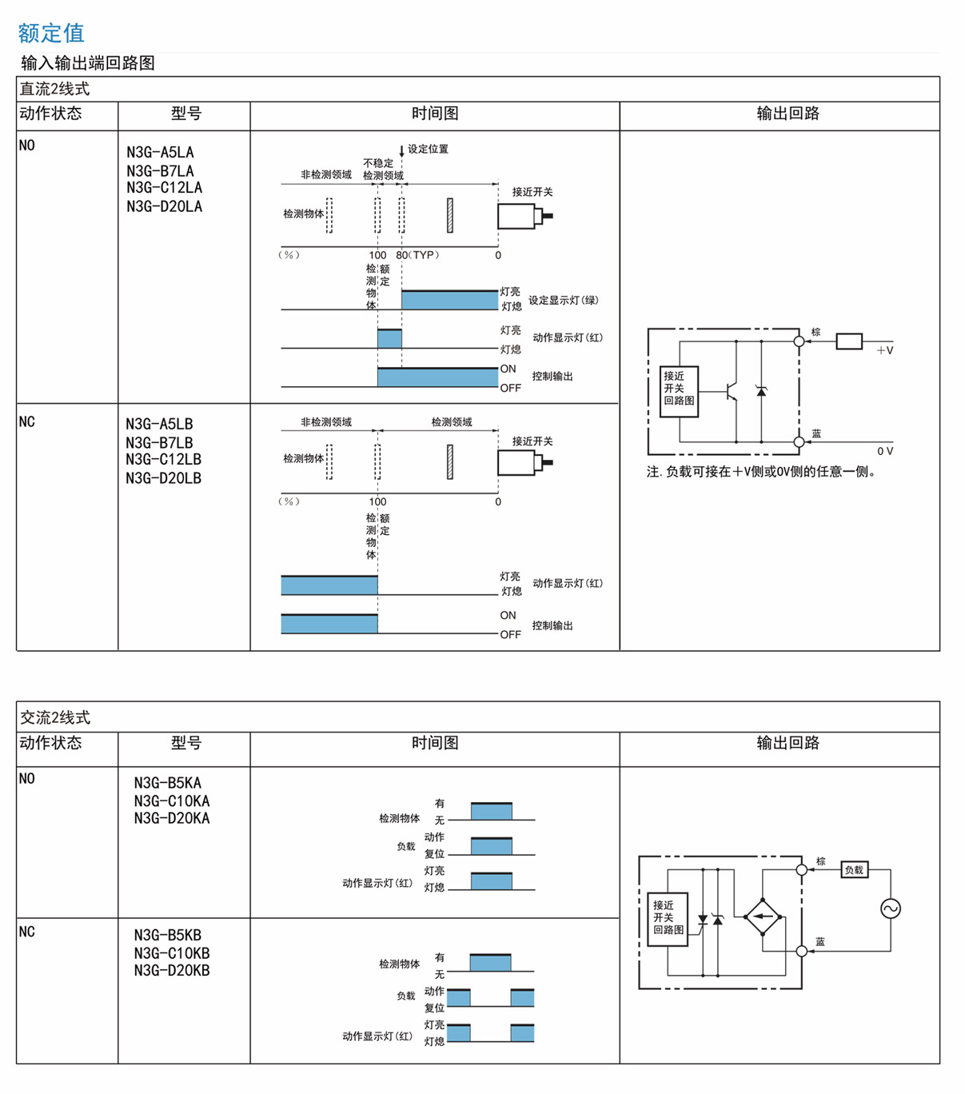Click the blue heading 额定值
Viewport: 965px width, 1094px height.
50,33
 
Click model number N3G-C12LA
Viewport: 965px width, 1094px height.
164,188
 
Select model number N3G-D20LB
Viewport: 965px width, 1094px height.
163,478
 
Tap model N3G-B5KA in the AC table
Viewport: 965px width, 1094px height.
167,783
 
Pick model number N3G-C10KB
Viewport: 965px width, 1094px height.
171,953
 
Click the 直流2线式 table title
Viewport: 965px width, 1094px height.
54,89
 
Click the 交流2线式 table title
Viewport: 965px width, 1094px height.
54,717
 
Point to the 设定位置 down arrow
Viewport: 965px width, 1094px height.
401,150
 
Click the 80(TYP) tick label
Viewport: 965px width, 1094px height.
417,255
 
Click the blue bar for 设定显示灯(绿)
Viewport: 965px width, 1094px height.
449,300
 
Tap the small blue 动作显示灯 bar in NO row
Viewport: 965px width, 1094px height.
389,338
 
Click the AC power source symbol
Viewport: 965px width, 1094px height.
890,908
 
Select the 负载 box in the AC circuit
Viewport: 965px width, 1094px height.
854,870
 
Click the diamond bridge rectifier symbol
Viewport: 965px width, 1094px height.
763,916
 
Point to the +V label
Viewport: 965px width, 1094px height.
884,350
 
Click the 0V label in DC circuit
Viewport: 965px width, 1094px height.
884,451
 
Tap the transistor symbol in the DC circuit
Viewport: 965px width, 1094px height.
731,391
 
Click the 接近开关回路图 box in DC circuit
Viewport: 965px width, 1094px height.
679,391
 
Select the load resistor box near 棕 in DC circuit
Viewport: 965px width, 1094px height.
849,341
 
